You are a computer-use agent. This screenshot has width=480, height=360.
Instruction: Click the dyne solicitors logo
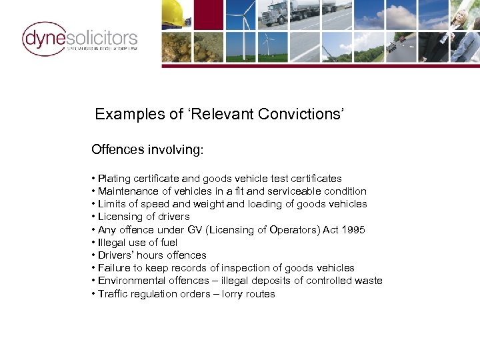[x=79, y=39]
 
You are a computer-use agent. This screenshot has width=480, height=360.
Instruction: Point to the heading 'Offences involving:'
[x=147, y=150]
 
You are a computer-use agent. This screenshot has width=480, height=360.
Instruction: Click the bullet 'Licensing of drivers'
[x=143, y=217]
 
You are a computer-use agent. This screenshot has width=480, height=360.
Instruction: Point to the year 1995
[x=352, y=230]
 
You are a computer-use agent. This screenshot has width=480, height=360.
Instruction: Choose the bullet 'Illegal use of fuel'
[x=137, y=243]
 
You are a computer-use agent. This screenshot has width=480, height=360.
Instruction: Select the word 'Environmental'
[x=131, y=281]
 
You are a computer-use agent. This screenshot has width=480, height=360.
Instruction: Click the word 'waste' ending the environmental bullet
[x=369, y=281]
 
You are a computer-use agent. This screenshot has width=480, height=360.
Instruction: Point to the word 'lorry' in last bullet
[x=229, y=293]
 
